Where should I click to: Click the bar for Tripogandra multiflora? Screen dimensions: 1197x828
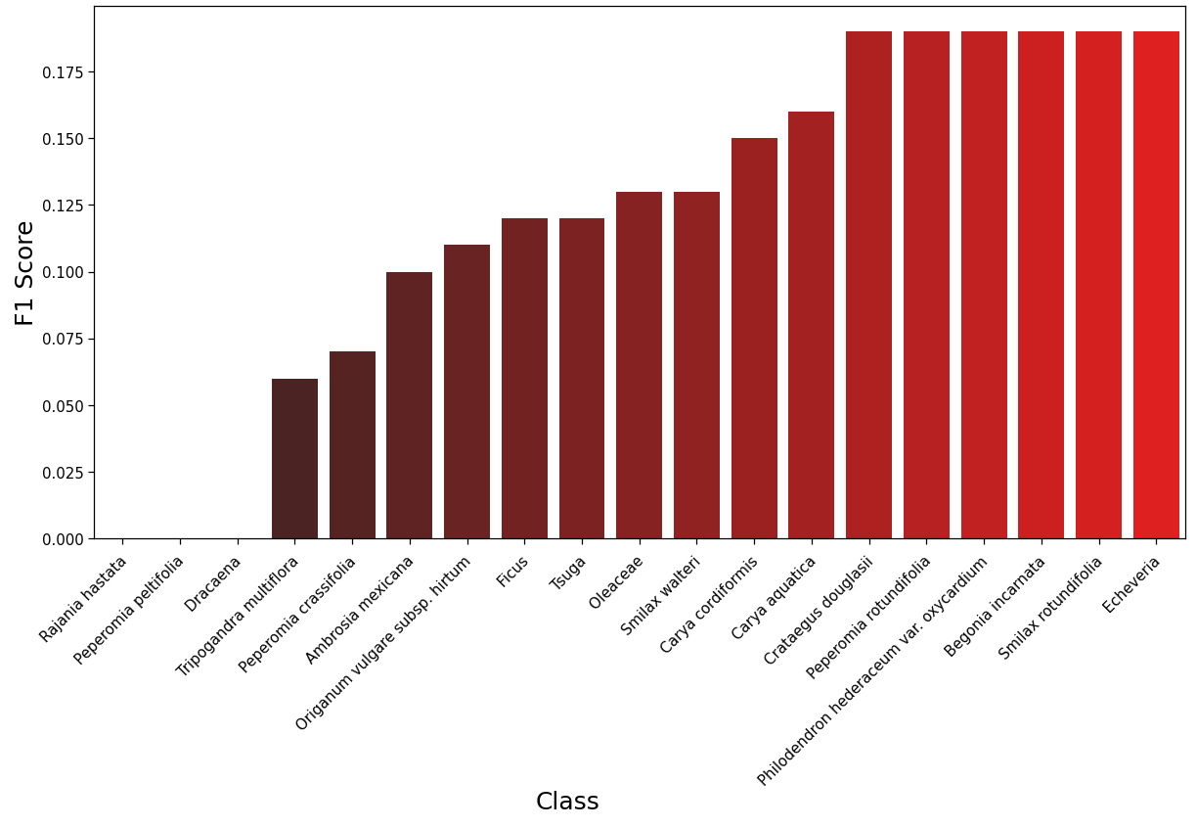tap(294, 458)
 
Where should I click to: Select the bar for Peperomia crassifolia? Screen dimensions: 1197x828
tap(352, 445)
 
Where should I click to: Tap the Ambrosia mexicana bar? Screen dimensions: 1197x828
tap(410, 405)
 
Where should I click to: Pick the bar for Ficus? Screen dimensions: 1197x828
tap(524, 378)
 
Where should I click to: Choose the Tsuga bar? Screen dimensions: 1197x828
tap(582, 378)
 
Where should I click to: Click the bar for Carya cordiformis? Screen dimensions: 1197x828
tap(754, 338)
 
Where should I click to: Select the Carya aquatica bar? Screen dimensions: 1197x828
tap(811, 325)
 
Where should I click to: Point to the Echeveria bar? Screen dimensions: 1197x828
tap(1156, 285)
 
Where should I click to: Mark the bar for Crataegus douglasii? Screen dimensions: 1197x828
tap(868, 285)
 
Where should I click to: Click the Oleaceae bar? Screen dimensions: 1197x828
tap(640, 365)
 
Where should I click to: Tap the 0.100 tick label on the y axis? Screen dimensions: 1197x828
tap(63, 273)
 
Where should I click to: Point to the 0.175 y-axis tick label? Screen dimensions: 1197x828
tap(63, 72)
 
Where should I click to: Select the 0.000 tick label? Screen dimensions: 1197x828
tap(63, 539)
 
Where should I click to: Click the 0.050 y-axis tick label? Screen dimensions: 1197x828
tap(63, 406)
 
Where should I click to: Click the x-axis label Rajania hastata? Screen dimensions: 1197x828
tap(82, 599)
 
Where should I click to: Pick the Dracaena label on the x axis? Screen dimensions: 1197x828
tap(211, 584)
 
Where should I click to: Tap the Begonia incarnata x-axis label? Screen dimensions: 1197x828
tap(994, 607)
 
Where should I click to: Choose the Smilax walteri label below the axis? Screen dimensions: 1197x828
tap(659, 596)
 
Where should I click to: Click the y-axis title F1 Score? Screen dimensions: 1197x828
tap(24, 273)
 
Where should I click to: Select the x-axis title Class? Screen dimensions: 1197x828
tap(567, 801)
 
